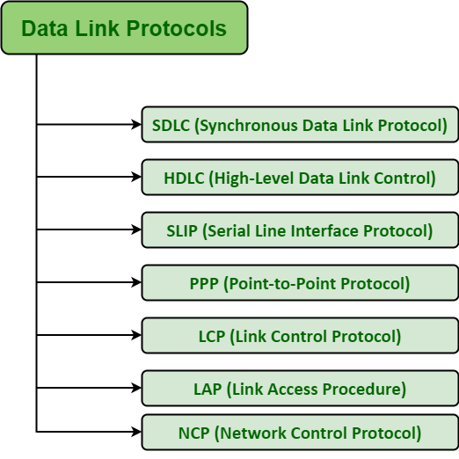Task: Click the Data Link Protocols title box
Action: click(124, 28)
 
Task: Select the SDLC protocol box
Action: click(300, 125)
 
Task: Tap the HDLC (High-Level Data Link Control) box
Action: click(300, 178)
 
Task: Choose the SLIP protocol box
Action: click(300, 230)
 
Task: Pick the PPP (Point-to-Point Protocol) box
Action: click(300, 283)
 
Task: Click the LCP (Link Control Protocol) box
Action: click(300, 336)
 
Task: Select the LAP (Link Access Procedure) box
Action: click(300, 389)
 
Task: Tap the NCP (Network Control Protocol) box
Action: click(300, 433)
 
